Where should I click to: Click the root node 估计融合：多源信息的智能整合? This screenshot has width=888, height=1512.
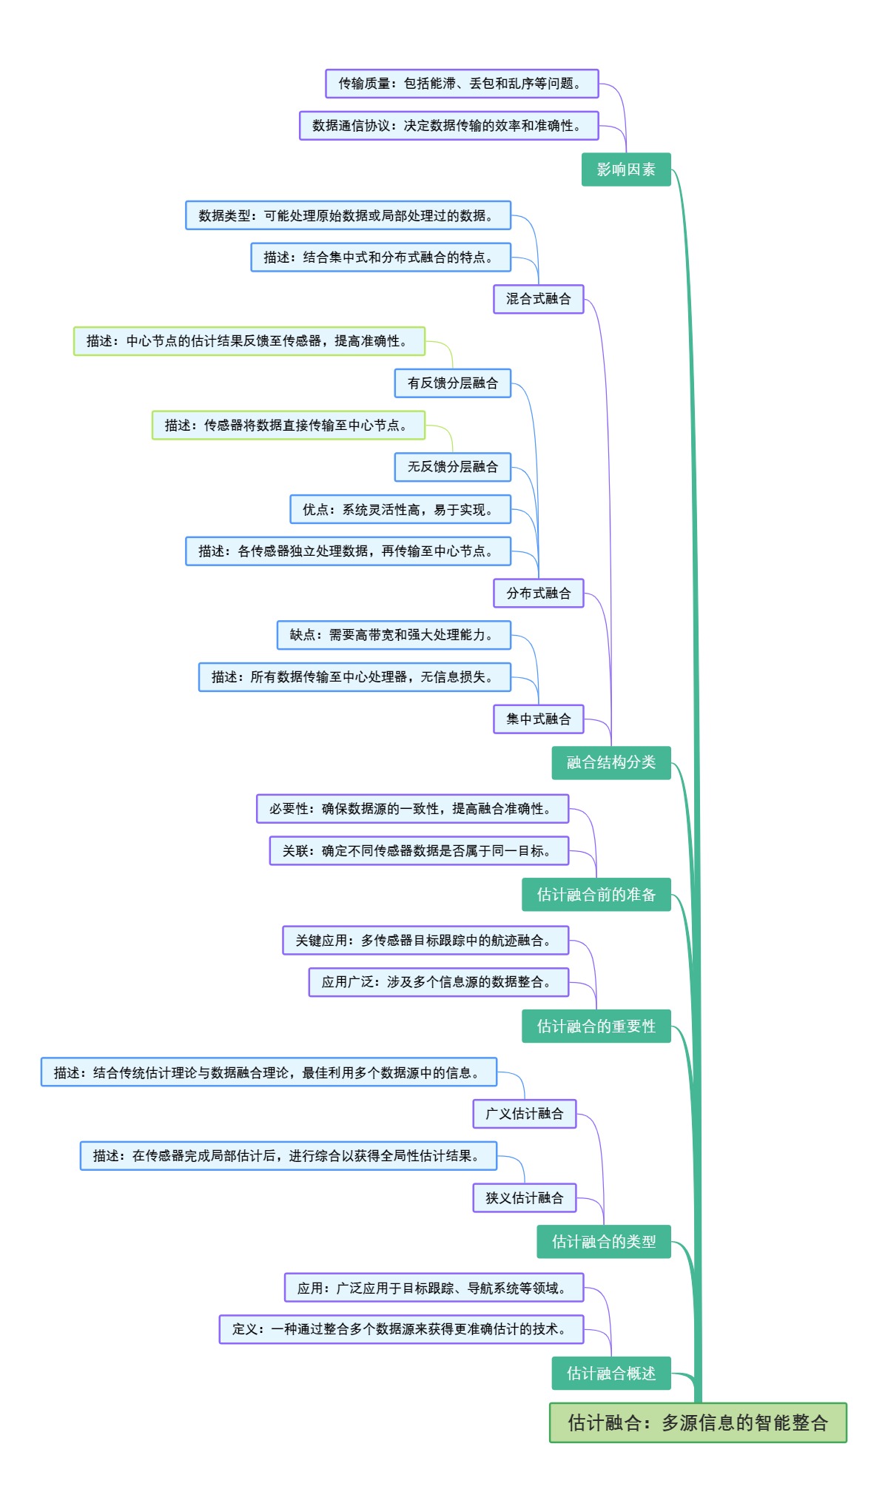click(697, 1422)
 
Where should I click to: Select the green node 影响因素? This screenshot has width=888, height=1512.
click(626, 169)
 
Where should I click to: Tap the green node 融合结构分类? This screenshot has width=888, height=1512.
click(611, 762)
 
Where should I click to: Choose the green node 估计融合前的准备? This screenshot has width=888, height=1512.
click(596, 895)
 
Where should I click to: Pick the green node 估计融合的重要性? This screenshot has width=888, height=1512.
click(596, 1026)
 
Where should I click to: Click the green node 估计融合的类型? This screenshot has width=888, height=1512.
click(604, 1241)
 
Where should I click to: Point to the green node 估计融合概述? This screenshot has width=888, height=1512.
click(611, 1373)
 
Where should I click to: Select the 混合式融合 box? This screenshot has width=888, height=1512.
click(539, 299)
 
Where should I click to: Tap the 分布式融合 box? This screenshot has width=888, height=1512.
click(539, 593)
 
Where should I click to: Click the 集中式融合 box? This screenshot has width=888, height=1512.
click(539, 719)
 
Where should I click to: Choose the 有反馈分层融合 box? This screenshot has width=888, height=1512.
click(453, 383)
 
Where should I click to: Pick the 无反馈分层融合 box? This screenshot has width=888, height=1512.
click(453, 466)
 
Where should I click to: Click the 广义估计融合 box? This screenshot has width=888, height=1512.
click(525, 1113)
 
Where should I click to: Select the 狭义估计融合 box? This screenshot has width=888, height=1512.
click(525, 1197)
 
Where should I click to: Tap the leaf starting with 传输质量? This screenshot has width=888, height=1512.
click(462, 84)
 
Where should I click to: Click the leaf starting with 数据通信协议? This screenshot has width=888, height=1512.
click(448, 126)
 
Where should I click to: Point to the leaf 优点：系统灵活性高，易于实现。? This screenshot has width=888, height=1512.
click(400, 509)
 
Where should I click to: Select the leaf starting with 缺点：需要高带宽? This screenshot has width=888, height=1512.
click(394, 635)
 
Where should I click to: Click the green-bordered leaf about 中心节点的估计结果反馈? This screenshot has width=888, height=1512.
click(249, 341)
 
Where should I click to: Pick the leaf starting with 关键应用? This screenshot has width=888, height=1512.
click(425, 940)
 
